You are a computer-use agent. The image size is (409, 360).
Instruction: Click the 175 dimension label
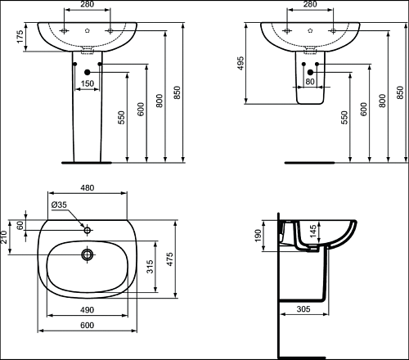pos(20,37)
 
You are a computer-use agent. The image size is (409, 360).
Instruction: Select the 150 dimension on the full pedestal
pos(88,83)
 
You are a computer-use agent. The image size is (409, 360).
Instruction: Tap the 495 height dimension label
pos(240,63)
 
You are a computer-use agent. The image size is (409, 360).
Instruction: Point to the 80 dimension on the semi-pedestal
pos(310,81)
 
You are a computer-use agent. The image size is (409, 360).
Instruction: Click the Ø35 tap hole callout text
pos(59,205)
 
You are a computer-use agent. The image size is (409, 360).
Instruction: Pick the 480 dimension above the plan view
pos(88,188)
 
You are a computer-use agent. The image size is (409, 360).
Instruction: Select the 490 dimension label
pos(88,310)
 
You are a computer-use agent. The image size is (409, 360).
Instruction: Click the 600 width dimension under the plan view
pos(88,326)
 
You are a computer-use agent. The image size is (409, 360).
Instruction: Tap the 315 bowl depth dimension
pos(150,267)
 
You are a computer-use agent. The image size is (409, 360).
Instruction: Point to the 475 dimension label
pos(169,259)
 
